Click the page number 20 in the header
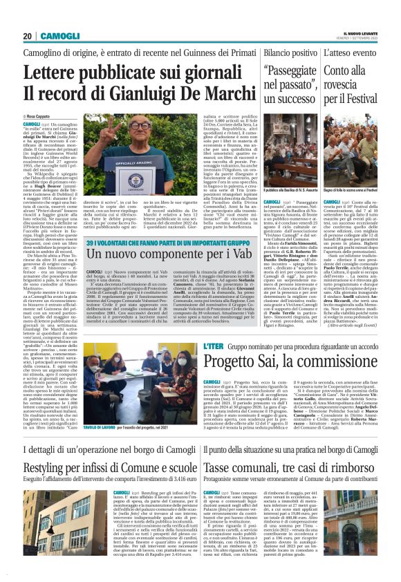(28, 36)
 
